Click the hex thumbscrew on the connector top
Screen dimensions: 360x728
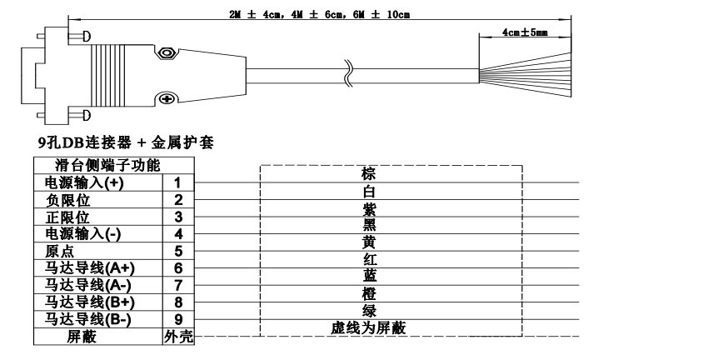point(167,53)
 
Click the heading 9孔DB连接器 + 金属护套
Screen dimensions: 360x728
point(121,143)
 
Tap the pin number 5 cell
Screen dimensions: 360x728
point(178,249)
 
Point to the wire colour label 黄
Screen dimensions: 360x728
point(367,241)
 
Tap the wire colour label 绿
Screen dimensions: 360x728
point(367,311)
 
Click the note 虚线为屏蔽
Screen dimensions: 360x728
point(367,327)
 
